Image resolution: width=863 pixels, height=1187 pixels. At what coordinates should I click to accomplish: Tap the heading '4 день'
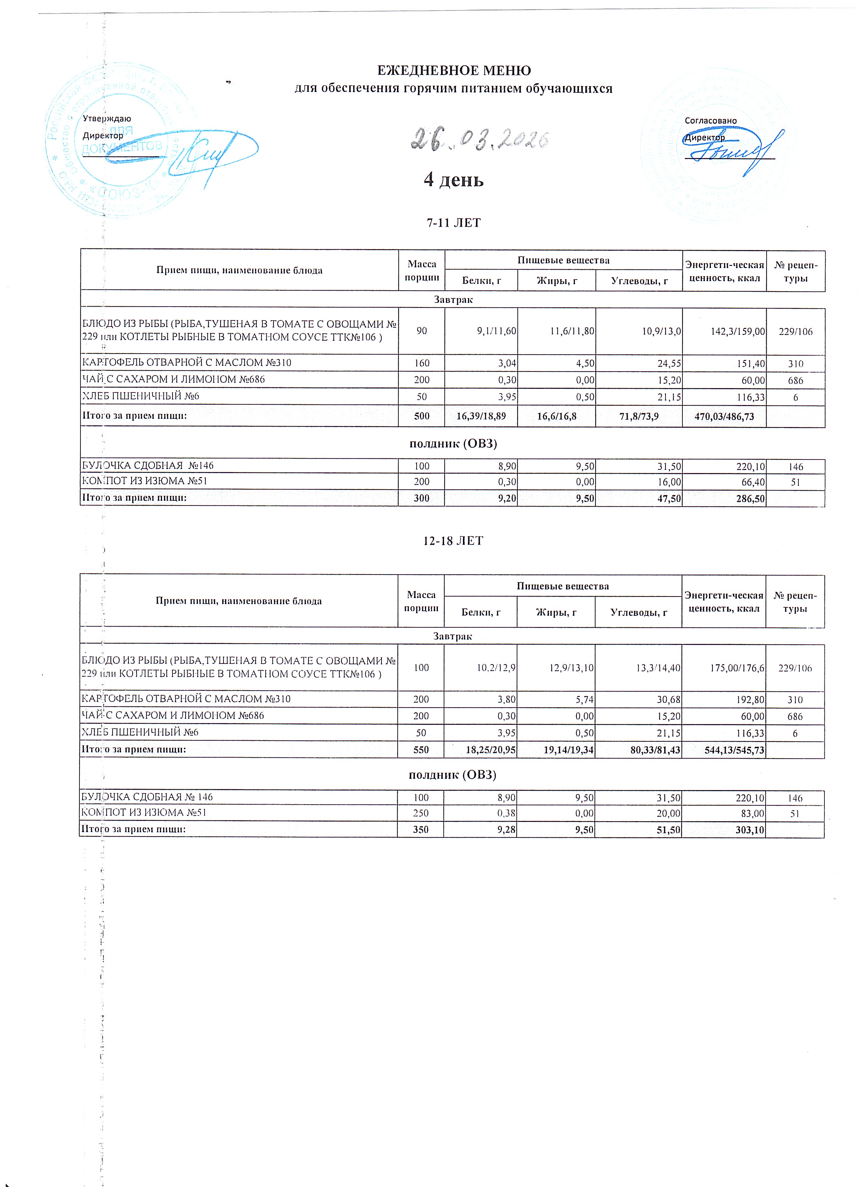point(453,180)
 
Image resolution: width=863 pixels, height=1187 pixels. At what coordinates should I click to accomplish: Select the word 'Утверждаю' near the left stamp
point(107,119)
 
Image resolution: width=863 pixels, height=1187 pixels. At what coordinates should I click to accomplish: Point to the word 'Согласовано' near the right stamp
point(710,121)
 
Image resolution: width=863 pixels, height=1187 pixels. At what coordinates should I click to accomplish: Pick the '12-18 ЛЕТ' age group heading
point(453,541)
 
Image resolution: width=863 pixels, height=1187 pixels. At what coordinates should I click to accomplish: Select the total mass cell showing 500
point(422,417)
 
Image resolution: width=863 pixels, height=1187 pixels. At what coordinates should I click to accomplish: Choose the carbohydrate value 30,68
point(666,699)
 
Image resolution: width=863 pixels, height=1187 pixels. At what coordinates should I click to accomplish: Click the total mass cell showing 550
point(421,750)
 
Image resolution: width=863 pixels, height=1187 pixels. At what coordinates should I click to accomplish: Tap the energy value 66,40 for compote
point(750,481)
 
